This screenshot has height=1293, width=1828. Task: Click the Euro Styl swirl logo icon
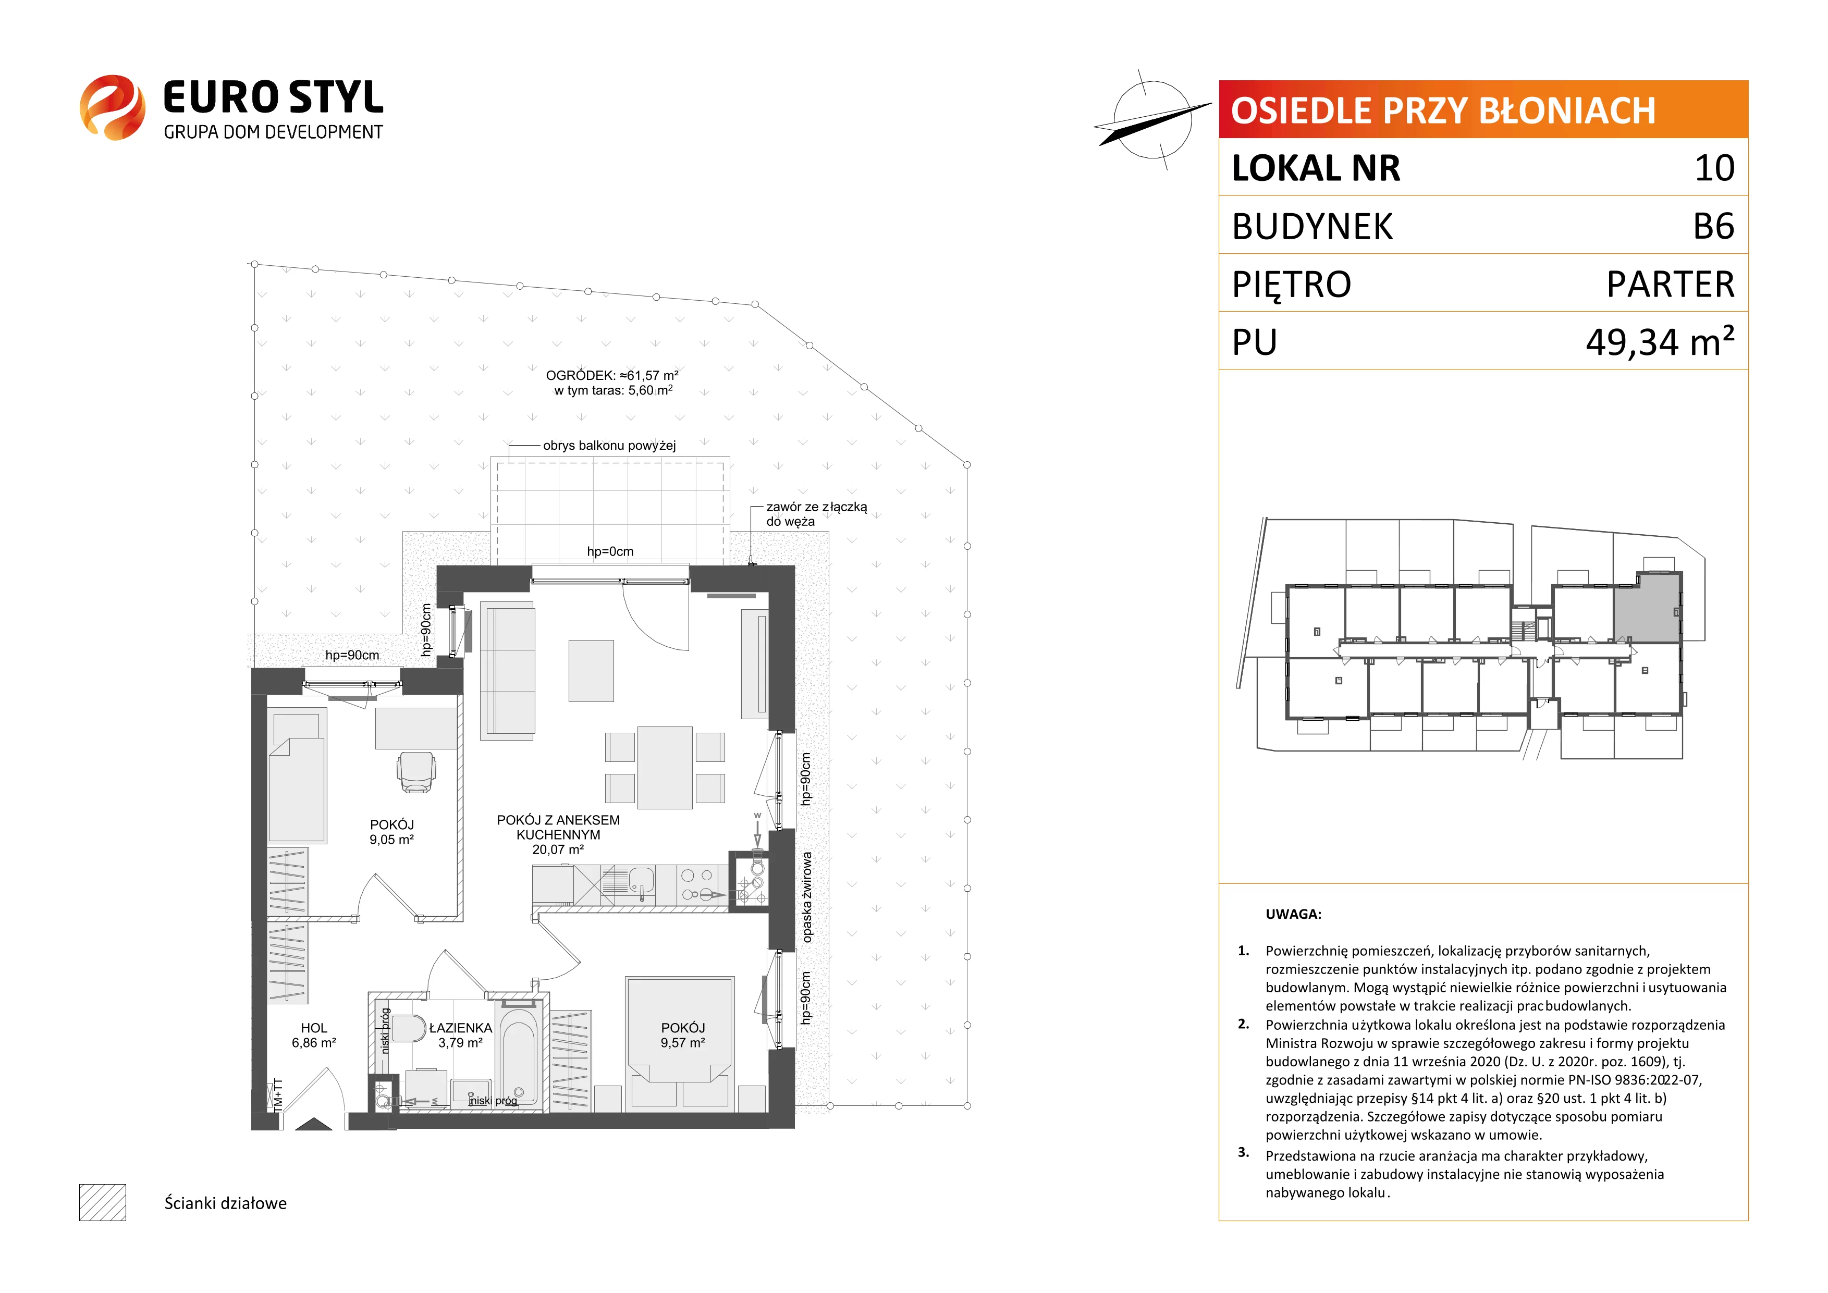(112, 107)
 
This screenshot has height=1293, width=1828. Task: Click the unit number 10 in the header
(1714, 168)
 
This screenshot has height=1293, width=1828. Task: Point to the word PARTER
(1671, 284)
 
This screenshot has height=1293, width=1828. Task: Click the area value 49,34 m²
(1660, 341)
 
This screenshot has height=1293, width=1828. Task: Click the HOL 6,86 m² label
(314, 1035)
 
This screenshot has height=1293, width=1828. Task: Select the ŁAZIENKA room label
(460, 1028)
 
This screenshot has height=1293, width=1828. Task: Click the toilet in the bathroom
(409, 1028)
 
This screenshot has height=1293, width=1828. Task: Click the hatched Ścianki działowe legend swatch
(103, 1202)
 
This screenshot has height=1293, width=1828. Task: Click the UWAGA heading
(1293, 914)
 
